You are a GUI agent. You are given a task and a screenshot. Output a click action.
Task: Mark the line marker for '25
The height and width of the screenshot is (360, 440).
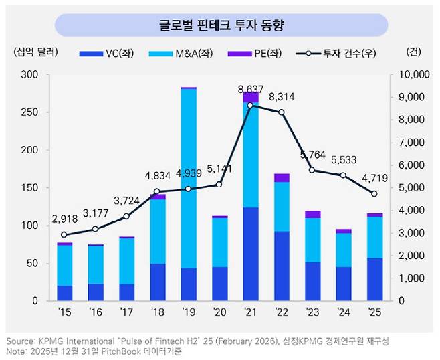point(374,194)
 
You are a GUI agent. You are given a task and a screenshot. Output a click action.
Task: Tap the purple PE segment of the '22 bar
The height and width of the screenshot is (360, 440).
point(282,177)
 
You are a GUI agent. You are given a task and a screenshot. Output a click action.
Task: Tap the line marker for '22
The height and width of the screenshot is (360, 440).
point(282,112)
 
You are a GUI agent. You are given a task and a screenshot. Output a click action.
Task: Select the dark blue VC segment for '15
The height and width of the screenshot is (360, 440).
point(64,293)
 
